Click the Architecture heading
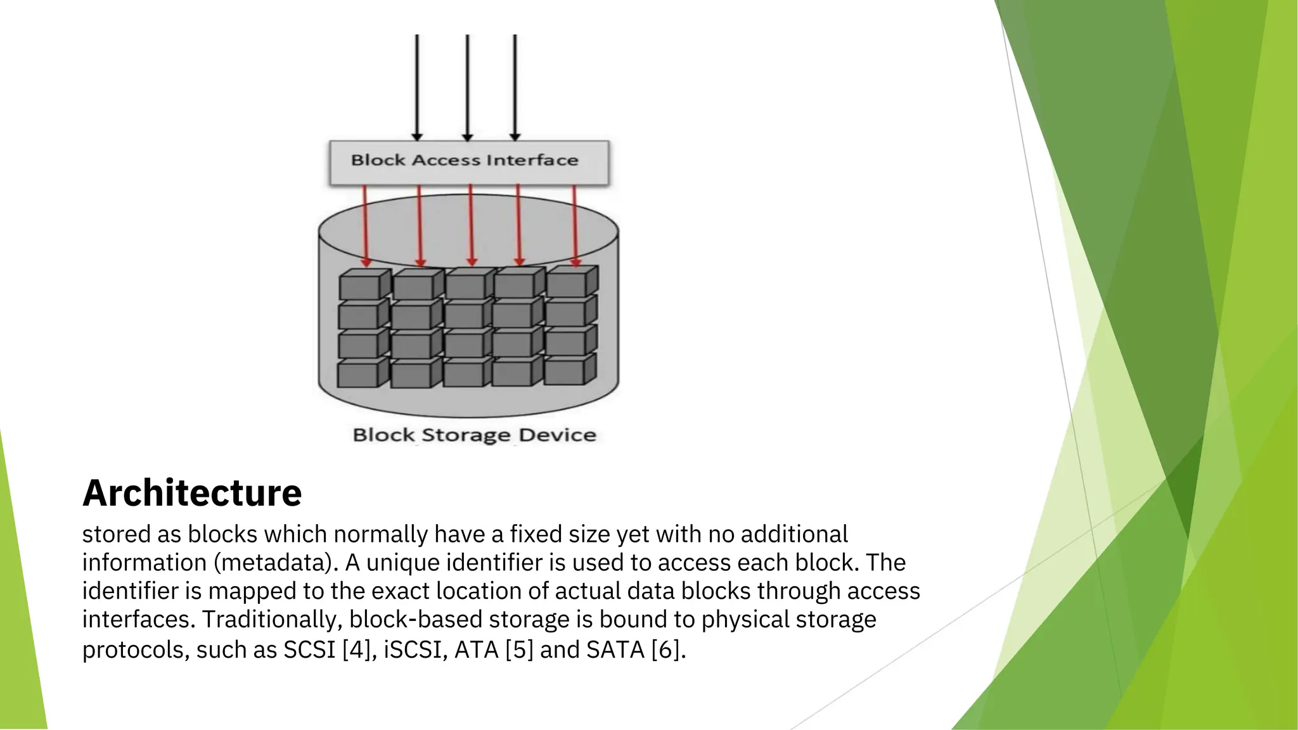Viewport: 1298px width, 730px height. (192, 493)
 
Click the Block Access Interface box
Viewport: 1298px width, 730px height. (468, 162)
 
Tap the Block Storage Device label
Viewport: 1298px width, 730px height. (474, 435)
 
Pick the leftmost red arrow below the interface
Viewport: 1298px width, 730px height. (365, 225)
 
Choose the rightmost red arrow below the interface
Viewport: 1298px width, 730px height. (575, 225)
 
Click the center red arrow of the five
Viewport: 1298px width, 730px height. (470, 225)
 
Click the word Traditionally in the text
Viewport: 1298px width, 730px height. (272, 619)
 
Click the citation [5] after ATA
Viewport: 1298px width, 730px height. (519, 650)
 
